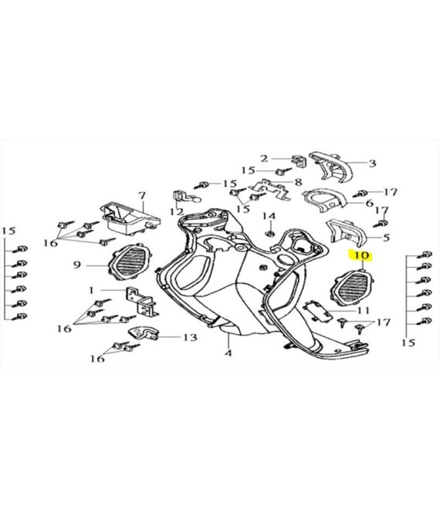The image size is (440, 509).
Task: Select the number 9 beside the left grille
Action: [76, 265]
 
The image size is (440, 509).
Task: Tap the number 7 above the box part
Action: [142, 196]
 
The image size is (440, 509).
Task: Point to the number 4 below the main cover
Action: [228, 352]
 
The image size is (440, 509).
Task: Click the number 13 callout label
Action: [190, 338]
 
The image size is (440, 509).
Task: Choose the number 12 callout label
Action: [177, 212]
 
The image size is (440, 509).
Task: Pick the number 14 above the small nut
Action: [269, 216]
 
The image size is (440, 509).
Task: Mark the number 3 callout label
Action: [372, 163]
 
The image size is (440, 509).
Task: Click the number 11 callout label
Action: [364, 310]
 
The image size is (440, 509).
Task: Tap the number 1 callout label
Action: [91, 290]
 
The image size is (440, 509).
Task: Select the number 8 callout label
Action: [298, 182]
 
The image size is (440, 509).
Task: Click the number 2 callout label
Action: [264, 158]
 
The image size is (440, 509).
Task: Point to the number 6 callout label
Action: [370, 203]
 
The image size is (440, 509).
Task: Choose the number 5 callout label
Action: [386, 238]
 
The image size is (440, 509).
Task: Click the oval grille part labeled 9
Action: [130, 262]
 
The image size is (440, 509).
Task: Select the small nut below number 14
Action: [269, 233]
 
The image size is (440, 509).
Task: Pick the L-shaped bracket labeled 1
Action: [142, 302]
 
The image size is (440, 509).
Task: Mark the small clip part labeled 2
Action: [300, 161]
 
